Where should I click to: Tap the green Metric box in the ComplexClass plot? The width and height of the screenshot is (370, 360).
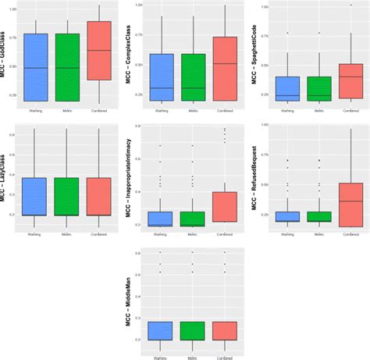click(193, 77)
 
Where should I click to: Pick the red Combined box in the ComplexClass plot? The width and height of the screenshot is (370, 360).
click(225, 69)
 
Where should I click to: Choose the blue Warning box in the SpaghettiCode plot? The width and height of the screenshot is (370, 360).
click(288, 88)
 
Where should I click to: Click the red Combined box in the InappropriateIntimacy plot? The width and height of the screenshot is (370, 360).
click(225, 206)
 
